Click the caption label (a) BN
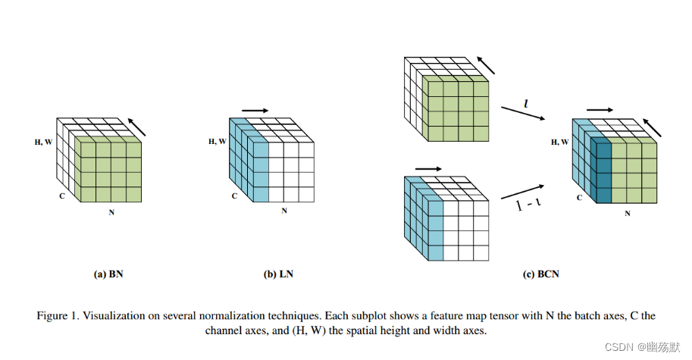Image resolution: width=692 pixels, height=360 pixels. click(108, 274)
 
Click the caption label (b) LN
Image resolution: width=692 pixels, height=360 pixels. click(278, 274)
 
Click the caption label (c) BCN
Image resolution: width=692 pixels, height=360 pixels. click(540, 274)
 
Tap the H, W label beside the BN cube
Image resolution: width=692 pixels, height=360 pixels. click(42, 141)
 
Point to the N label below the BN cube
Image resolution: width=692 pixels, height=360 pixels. click(111, 213)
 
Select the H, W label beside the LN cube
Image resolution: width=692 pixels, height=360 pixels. click(218, 141)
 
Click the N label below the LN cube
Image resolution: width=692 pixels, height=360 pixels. click(284, 211)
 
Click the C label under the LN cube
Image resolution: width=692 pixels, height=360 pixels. click(235, 196)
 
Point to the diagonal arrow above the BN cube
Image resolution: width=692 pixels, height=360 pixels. click(136, 127)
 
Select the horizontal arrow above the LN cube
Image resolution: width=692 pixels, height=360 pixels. click(255, 111)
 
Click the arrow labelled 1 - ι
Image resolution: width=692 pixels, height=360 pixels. click(522, 194)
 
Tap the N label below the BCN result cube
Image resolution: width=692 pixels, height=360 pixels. click(627, 214)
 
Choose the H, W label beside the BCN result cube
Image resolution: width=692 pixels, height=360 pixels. click(560, 141)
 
